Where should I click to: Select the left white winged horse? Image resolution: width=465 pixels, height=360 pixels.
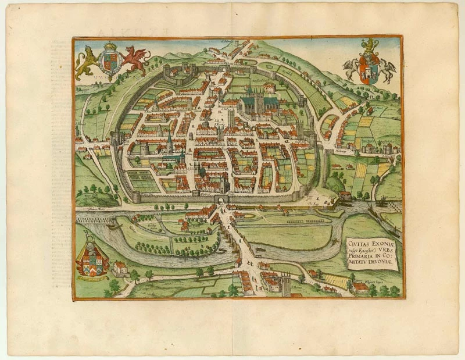coord(352,68)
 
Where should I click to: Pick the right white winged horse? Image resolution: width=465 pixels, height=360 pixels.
coord(387,69)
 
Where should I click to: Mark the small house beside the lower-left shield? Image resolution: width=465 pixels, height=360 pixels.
coord(120,268)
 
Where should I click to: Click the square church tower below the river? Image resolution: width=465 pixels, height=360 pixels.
coord(286,285)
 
